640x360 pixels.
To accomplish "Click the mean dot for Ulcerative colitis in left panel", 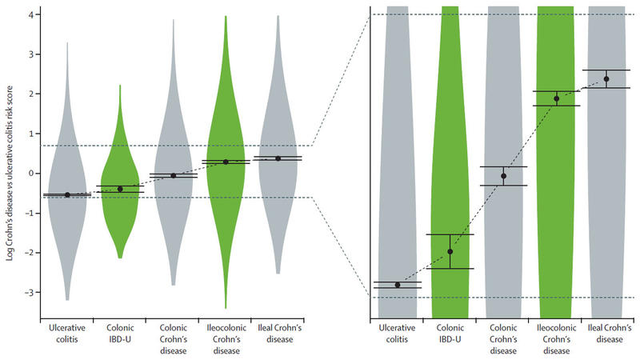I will pyautogui.click(x=67, y=194).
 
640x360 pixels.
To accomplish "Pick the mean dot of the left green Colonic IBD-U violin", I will pyautogui.click(x=120, y=189).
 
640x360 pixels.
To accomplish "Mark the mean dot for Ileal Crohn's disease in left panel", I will pyautogui.click(x=278, y=158).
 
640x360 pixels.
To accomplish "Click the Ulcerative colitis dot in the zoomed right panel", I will pyautogui.click(x=398, y=285).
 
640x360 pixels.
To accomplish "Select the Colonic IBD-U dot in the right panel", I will pyautogui.click(x=450, y=251).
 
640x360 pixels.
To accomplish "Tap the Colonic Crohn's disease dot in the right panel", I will pyautogui.click(x=503, y=176).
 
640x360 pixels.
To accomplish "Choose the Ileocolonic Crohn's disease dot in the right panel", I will pyautogui.click(x=556, y=98).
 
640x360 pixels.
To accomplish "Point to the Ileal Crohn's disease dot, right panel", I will pyautogui.click(x=606, y=78).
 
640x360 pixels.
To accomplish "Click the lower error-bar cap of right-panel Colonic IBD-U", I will pyautogui.click(x=450, y=269).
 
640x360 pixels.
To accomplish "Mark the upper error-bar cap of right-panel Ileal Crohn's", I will pyautogui.click(x=606, y=70).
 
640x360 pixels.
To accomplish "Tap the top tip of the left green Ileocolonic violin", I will pyautogui.click(x=226, y=16).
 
